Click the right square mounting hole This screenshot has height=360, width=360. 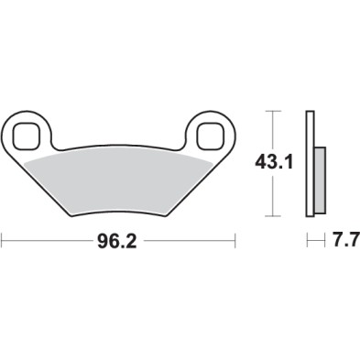click(x=210, y=136)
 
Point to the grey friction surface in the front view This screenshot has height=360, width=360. click(x=119, y=179)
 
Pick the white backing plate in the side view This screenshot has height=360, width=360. click(x=310, y=165)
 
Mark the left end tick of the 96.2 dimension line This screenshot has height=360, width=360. click(x=2, y=244)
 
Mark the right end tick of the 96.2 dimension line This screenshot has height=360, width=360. click(x=237, y=244)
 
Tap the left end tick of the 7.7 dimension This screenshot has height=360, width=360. click(x=306, y=244)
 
